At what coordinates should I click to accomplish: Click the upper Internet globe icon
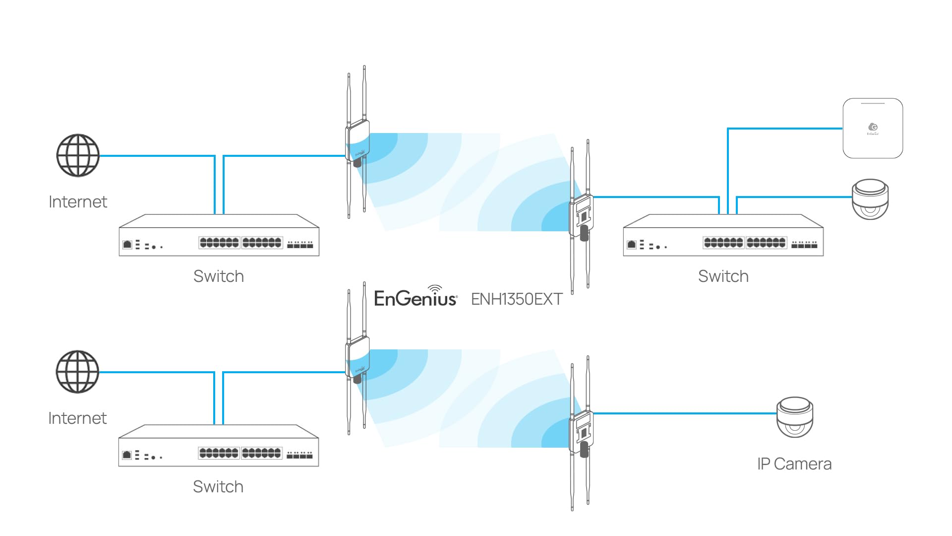(x=78, y=155)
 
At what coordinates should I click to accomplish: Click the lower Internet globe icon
(x=77, y=372)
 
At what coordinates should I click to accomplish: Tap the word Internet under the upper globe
(x=78, y=202)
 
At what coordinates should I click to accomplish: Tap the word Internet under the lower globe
(x=77, y=418)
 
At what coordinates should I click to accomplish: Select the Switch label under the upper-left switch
(x=219, y=276)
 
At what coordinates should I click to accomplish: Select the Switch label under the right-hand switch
(x=723, y=276)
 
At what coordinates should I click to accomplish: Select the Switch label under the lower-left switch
(x=218, y=487)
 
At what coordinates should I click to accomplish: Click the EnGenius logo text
(x=416, y=298)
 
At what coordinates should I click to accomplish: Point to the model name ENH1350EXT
(x=517, y=299)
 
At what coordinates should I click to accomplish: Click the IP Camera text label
(x=794, y=464)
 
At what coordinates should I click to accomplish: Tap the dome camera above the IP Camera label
(x=795, y=417)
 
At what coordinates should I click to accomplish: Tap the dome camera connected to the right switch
(x=870, y=199)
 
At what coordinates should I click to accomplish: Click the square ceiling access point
(x=873, y=129)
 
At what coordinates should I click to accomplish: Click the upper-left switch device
(x=219, y=236)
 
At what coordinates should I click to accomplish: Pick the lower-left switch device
(x=218, y=446)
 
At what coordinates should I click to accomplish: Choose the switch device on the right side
(x=723, y=236)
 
